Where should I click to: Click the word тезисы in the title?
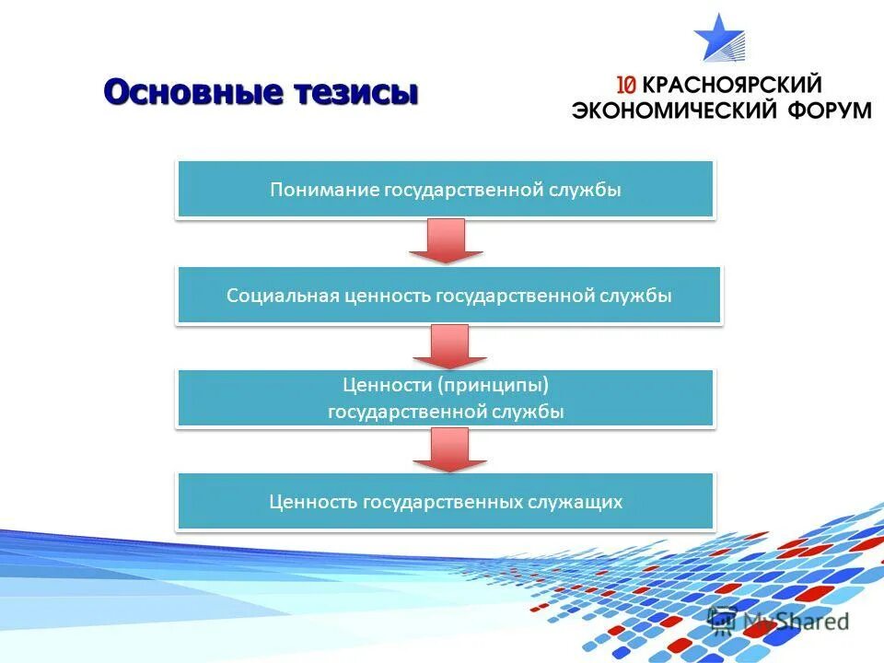click(355, 93)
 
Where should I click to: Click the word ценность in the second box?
click(382, 296)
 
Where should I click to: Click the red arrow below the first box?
click(446, 240)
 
